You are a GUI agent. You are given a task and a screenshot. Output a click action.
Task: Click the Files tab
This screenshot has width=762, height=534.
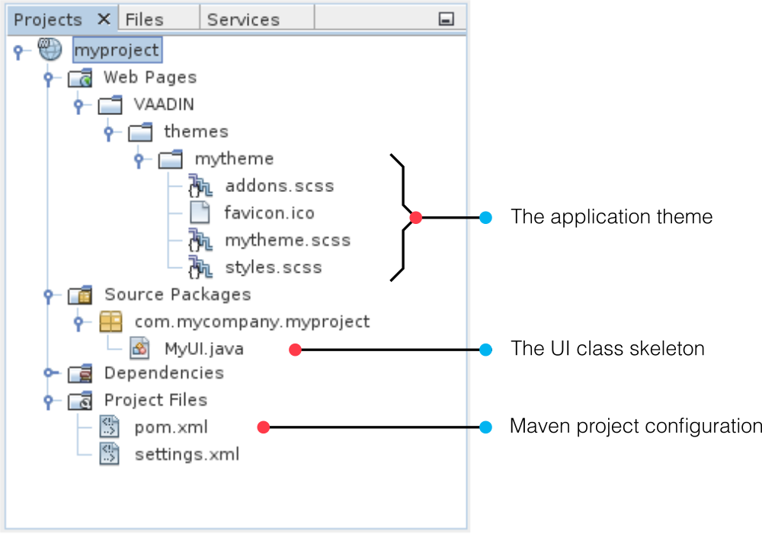pos(144,20)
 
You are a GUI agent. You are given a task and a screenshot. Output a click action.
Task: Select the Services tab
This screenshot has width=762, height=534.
pos(244,20)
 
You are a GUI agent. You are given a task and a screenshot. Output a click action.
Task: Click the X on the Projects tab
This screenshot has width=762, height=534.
pos(104,20)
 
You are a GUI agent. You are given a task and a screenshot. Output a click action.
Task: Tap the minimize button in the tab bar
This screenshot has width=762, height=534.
pos(446,19)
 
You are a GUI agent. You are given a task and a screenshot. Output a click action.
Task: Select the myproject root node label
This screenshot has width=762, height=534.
pos(117,50)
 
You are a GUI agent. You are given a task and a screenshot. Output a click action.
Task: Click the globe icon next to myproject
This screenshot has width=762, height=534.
pos(50,49)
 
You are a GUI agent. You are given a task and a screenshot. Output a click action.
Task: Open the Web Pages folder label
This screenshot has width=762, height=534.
pos(150,77)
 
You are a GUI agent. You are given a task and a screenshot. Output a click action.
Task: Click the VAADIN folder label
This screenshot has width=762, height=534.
pos(164,104)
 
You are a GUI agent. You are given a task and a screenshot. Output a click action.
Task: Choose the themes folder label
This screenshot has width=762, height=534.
pos(197,132)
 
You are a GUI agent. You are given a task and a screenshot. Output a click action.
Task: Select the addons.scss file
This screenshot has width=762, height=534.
pos(280,186)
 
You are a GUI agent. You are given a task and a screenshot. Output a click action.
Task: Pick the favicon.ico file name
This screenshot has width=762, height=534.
pos(269,213)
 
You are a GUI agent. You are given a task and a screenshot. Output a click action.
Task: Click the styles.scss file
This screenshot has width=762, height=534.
pos(274,267)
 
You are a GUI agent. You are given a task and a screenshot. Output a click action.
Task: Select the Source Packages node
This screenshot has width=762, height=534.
pos(178,295)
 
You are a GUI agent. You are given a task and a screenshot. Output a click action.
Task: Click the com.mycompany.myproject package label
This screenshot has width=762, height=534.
pos(252,321)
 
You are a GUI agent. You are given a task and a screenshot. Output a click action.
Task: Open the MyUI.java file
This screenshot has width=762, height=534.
pos(204,349)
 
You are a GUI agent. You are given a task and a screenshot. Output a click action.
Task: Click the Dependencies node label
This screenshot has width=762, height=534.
pos(165,373)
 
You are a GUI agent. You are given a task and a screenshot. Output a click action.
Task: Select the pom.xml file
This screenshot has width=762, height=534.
pos(171,427)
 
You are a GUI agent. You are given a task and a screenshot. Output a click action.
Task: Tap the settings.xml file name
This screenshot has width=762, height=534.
pos(187,454)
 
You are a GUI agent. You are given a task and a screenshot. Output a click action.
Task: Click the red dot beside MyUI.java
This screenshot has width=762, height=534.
pos(295,350)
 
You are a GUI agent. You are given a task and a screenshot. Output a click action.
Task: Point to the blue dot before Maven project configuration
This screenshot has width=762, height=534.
pos(485,427)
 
